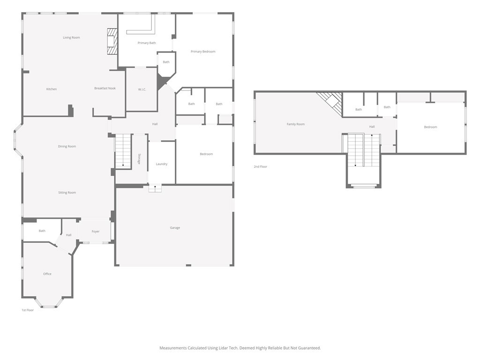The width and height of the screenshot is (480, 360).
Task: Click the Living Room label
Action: pyautogui.click(x=71, y=37)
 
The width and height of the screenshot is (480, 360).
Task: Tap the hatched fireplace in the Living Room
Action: pyautogui.click(x=112, y=42)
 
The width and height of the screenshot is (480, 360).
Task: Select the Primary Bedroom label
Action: pyautogui.click(x=203, y=52)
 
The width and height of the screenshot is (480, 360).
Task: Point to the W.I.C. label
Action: pyautogui.click(x=142, y=90)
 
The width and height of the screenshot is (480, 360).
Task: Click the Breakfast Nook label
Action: pyautogui.click(x=105, y=88)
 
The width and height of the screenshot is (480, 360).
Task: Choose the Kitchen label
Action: pyautogui.click(x=52, y=89)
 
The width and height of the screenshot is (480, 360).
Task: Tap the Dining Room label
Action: pyautogui.click(x=67, y=146)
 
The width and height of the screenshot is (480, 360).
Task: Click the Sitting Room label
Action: pyautogui.click(x=67, y=193)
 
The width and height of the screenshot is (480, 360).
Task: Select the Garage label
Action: pyautogui.click(x=175, y=228)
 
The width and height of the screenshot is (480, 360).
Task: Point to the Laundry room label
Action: pyautogui.click(x=162, y=164)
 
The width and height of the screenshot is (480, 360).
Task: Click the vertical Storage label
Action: pyautogui.click(x=139, y=159)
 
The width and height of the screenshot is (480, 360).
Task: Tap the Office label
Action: pyautogui.click(x=47, y=274)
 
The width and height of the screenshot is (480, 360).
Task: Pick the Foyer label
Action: pyautogui.click(x=96, y=232)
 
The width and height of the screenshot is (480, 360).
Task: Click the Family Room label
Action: pyautogui.click(x=296, y=124)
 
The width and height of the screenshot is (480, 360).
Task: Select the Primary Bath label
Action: pyautogui.click(x=147, y=43)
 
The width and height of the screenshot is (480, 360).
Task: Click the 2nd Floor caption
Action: pyautogui.click(x=261, y=166)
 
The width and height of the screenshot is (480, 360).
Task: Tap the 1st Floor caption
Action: pyautogui.click(x=28, y=310)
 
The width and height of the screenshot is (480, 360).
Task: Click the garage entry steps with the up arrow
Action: pyautogui.click(x=155, y=188)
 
